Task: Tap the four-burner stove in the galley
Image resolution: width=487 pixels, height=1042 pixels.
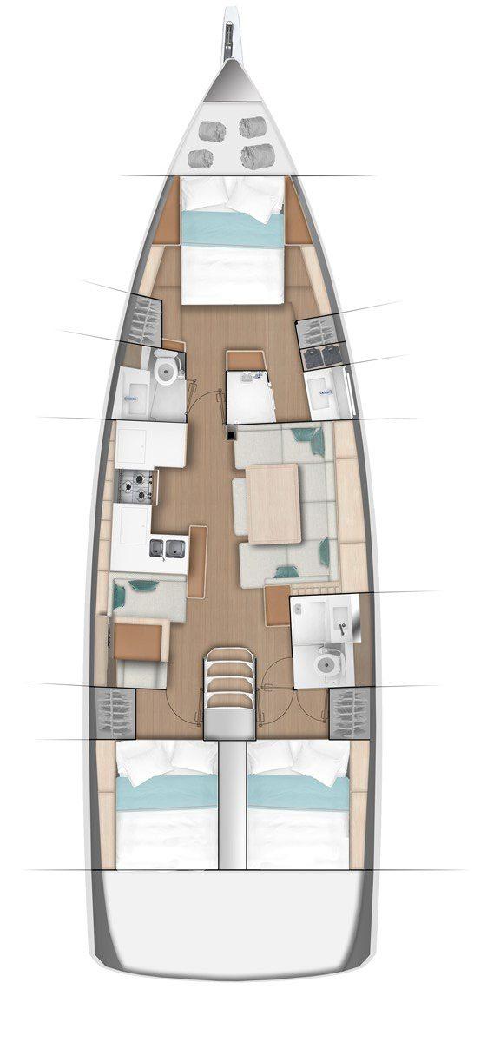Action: click(135, 485)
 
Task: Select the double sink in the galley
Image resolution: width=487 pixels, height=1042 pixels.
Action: click(167, 547)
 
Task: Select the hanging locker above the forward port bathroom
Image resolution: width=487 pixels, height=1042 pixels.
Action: click(143, 319)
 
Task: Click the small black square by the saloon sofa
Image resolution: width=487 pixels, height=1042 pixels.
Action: click(231, 432)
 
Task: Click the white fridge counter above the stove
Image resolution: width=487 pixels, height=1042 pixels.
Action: click(151, 442)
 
